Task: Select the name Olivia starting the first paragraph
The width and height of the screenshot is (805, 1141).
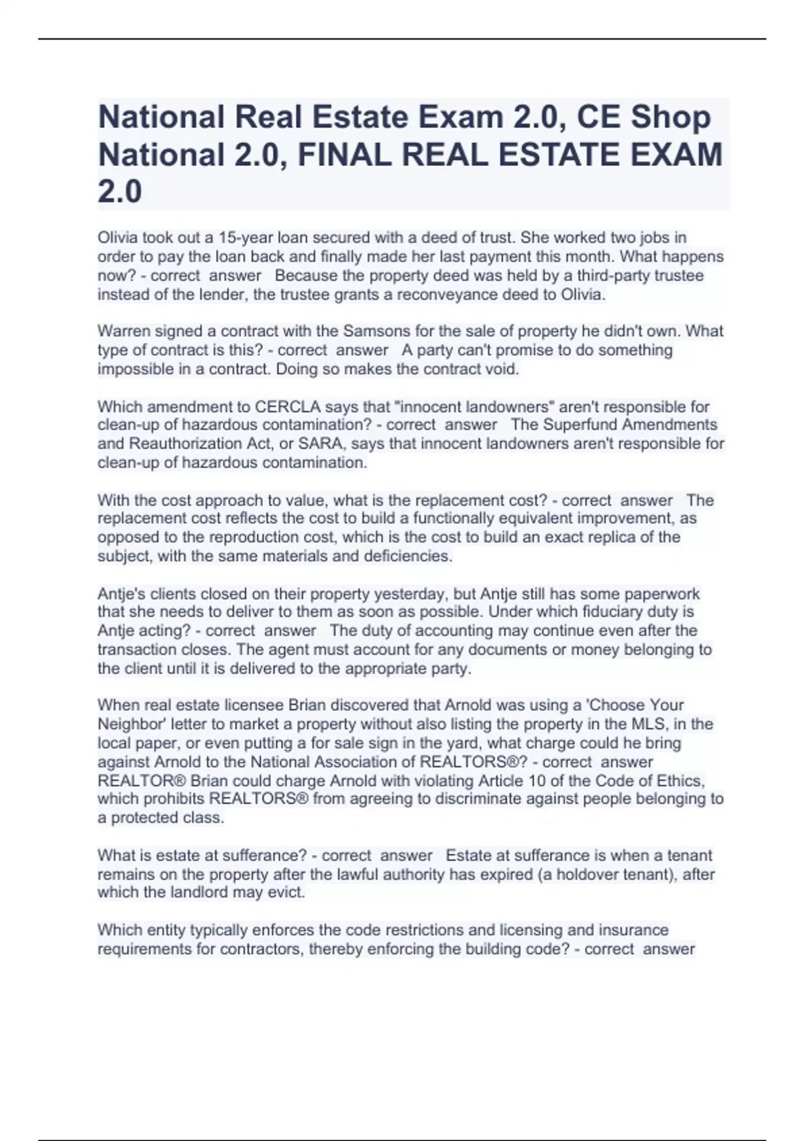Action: pyautogui.click(x=117, y=238)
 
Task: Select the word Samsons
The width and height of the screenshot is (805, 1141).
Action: pyautogui.click(x=372, y=332)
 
